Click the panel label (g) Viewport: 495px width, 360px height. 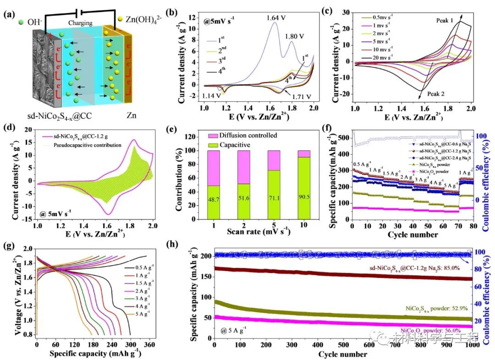(x=10, y=250)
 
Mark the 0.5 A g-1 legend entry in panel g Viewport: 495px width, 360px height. (x=137, y=267)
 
